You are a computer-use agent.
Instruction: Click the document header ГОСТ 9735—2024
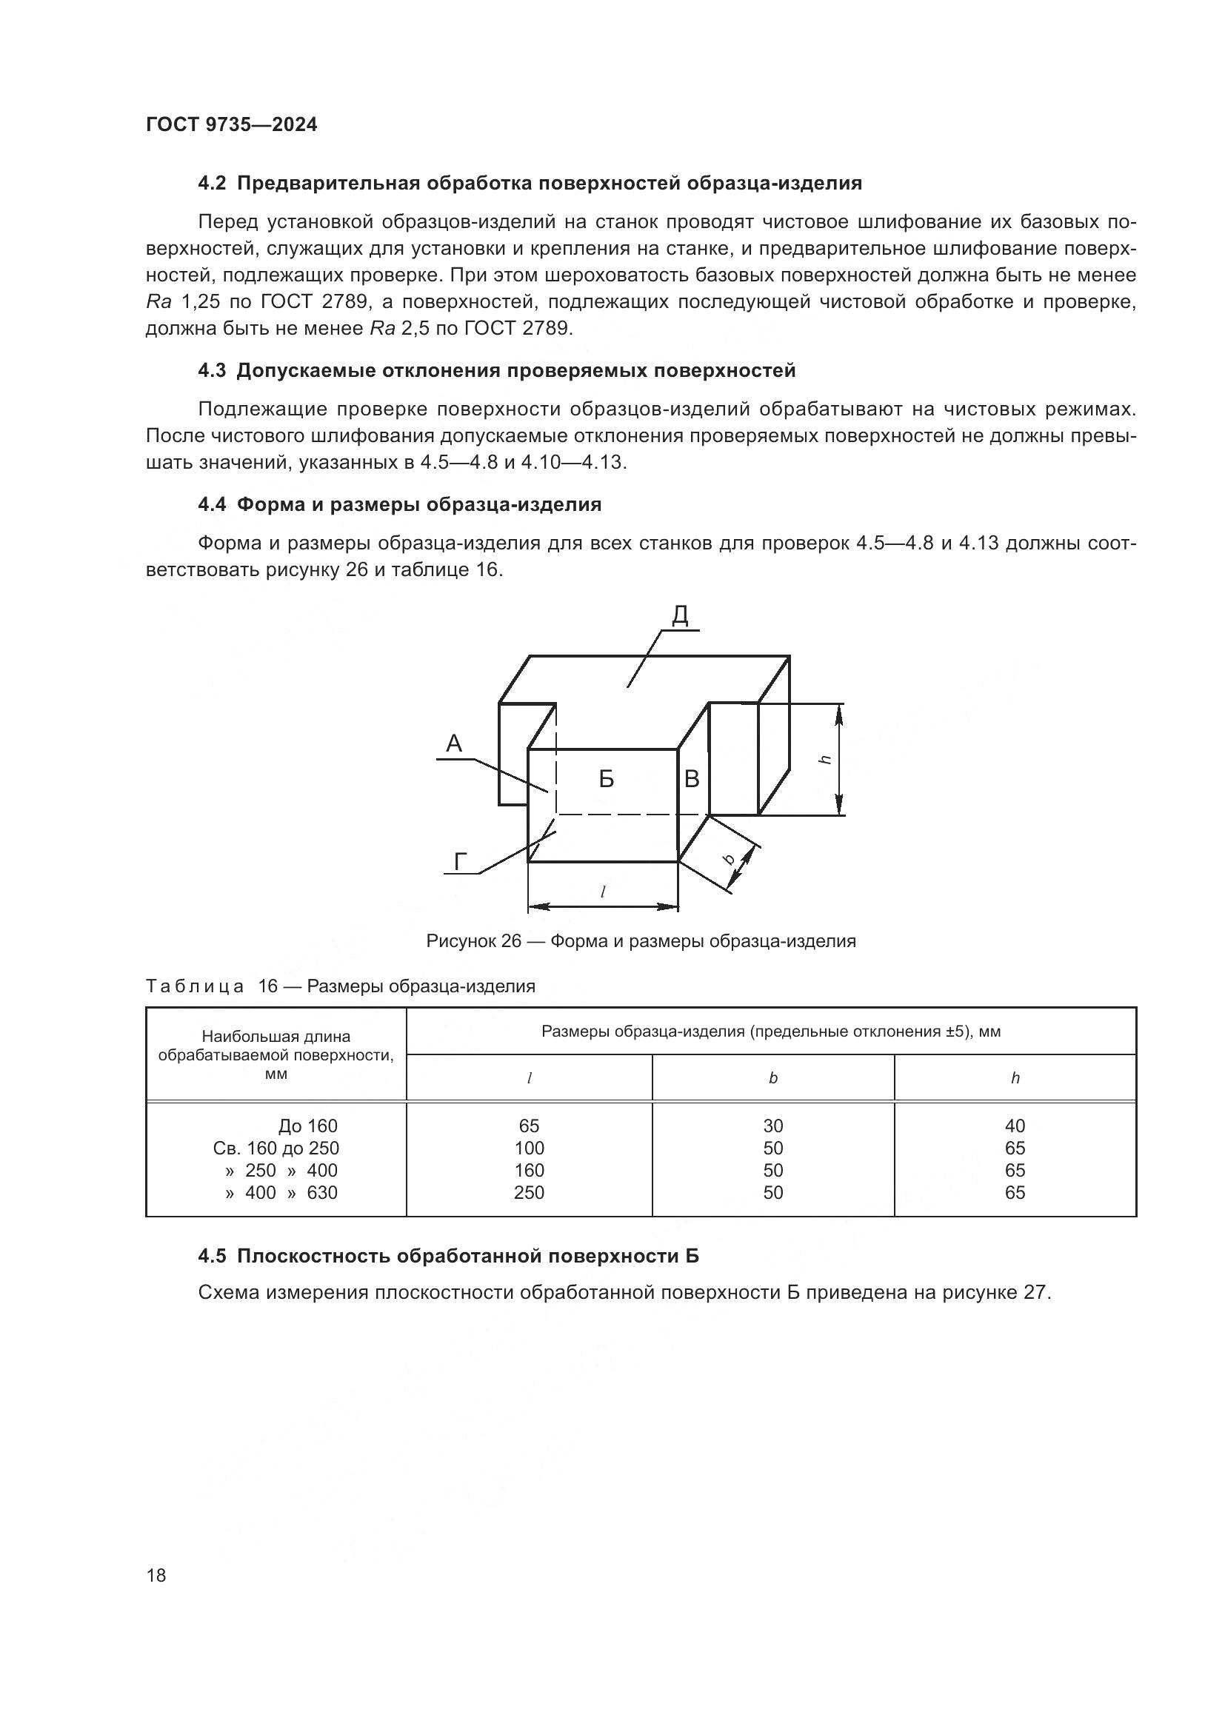click(231, 125)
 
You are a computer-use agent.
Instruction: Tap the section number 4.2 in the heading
click(212, 184)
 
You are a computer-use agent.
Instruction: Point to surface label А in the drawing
click(453, 743)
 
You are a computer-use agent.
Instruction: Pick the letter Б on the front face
click(606, 779)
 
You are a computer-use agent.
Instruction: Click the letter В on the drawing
click(691, 779)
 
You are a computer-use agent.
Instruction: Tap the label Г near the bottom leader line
click(460, 861)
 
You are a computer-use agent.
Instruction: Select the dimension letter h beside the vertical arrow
click(826, 760)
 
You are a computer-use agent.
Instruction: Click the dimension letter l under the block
click(603, 892)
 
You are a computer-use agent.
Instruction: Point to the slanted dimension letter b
click(729, 858)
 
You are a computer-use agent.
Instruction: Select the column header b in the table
click(772, 1079)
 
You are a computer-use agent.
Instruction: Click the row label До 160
click(308, 1126)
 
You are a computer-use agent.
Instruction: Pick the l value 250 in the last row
click(529, 1193)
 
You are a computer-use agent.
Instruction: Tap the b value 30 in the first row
click(772, 1126)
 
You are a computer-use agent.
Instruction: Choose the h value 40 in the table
click(1015, 1126)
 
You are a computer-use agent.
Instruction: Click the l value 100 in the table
click(529, 1148)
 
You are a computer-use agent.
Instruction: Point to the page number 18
click(156, 1575)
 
